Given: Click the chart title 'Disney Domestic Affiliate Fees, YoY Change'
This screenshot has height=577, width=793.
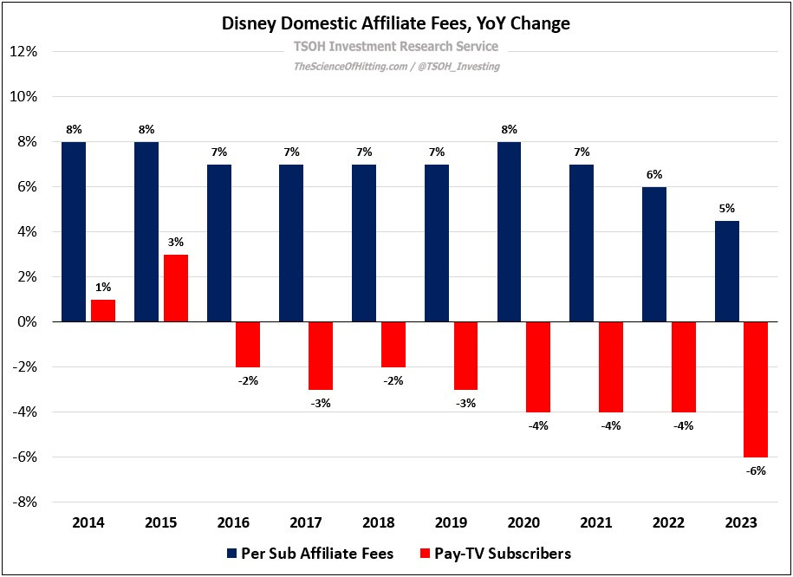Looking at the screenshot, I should pyautogui.click(x=396, y=23).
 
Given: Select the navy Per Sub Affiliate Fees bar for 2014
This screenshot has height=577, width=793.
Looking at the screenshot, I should pyautogui.click(x=74, y=231).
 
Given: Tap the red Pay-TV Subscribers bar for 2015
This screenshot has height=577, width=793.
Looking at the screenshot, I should pyautogui.click(x=176, y=288).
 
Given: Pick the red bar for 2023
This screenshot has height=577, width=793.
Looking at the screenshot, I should pyautogui.click(x=755, y=389).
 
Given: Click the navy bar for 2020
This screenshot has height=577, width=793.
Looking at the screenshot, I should pyautogui.click(x=509, y=231).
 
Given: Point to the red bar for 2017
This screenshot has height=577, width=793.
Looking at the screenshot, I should pyautogui.click(x=321, y=355).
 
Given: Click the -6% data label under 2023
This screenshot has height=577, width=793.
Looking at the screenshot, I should pyautogui.click(x=755, y=470).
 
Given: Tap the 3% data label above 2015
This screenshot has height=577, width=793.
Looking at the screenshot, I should pyautogui.click(x=176, y=243).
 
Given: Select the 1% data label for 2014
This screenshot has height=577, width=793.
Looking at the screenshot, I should pyautogui.click(x=103, y=288).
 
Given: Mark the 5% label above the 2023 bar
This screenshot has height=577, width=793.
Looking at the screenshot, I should pyautogui.click(x=726, y=209).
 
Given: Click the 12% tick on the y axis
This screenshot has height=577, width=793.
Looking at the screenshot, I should pyautogui.click(x=23, y=52).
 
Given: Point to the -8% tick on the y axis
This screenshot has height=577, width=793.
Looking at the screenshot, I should pyautogui.click(x=23, y=502).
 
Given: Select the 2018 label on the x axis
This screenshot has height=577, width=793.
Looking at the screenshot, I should pyautogui.click(x=379, y=522).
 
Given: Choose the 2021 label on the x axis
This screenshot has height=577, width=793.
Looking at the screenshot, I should pyautogui.click(x=596, y=522).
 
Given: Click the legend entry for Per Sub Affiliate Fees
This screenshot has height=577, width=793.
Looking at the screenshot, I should pyautogui.click(x=309, y=553).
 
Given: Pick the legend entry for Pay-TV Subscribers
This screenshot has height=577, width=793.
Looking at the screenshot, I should pyautogui.click(x=494, y=553).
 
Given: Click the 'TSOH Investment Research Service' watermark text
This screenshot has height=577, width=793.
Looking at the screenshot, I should pyautogui.click(x=396, y=46).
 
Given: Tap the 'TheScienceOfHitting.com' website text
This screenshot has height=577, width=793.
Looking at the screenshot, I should pyautogui.click(x=351, y=66).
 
